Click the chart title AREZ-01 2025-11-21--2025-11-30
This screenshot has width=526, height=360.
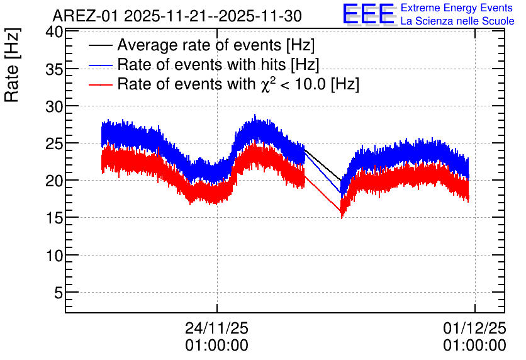177,16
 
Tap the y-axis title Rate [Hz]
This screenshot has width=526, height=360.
12,65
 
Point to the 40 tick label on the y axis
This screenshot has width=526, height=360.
54,32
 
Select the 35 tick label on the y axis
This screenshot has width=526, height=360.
54,69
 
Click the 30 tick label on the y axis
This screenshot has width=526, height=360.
54,107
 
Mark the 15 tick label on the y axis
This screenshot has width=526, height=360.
54,218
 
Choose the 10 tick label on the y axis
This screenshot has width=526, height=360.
54,256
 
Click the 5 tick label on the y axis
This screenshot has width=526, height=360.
59,293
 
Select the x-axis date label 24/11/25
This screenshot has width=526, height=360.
216,328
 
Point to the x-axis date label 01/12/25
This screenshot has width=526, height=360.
474,328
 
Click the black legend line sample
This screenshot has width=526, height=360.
101,45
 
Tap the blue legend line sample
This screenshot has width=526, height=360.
101,65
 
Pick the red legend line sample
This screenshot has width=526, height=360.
101,84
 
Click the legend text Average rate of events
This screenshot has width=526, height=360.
199,45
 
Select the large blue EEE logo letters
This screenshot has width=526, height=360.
369,14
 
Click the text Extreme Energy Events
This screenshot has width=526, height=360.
457,8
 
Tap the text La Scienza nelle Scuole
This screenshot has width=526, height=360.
457,21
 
